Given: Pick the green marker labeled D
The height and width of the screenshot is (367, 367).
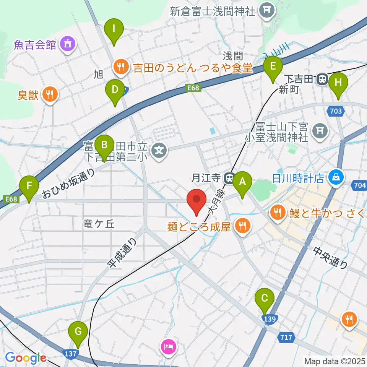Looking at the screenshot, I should [x=115, y=90].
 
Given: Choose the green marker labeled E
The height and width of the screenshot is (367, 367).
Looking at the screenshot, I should [x=273, y=67].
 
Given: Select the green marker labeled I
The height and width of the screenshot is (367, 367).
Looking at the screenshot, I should [x=114, y=29].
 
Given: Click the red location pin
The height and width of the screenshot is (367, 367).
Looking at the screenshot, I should [x=196, y=200].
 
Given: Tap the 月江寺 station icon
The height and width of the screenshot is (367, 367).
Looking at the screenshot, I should [x=230, y=178].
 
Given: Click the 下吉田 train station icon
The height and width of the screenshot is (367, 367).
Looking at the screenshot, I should [x=322, y=80].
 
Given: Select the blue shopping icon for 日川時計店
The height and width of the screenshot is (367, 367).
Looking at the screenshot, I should [x=336, y=177].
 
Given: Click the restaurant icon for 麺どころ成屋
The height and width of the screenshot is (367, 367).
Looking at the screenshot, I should [x=242, y=227].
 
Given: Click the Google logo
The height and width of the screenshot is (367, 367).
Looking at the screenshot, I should [x=26, y=358].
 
